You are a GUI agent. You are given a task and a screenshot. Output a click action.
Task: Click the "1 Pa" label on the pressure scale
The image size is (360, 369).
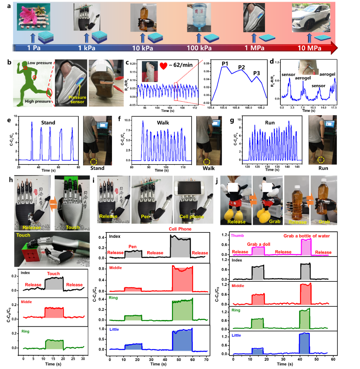coord(34,48)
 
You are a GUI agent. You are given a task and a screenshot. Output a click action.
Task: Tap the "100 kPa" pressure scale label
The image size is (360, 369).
coord(199,48)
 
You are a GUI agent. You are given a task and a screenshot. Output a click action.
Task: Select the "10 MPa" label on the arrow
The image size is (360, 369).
coord(309,48)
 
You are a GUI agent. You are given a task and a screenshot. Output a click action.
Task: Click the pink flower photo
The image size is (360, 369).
coord(33,17)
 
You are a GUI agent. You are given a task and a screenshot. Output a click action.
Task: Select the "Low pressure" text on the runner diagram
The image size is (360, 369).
coord(40,63)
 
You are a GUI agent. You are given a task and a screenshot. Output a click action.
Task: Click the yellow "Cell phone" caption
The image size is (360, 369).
coord(192,216)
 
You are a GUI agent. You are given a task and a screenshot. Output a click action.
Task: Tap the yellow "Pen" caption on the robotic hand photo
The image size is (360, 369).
coord(146,216)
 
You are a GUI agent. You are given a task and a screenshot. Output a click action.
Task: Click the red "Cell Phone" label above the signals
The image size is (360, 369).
coord(180,229)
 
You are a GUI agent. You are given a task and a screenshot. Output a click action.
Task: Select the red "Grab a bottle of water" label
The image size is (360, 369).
coord(306,236)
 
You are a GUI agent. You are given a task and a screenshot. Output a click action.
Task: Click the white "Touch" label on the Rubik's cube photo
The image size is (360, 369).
coord(23,235)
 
